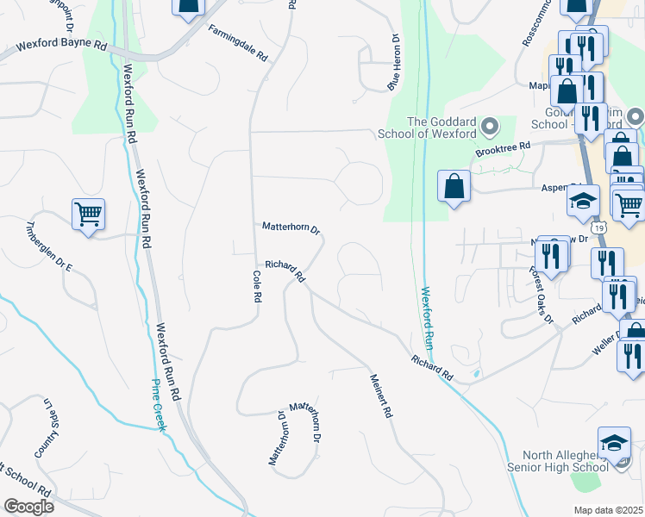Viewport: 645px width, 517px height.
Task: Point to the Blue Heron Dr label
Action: click(x=395, y=63)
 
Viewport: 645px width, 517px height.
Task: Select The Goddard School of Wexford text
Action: click(x=429, y=128)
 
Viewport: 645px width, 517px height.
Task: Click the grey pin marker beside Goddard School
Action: click(x=491, y=128)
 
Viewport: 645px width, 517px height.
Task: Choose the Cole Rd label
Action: click(x=257, y=285)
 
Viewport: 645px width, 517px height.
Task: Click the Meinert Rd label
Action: click(x=380, y=396)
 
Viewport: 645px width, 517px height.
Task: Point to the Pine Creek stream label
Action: click(x=158, y=406)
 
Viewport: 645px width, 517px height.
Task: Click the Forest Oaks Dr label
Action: click(x=541, y=296)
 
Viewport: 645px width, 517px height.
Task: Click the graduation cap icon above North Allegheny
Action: click(x=614, y=444)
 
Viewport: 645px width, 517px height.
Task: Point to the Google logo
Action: click(x=28, y=506)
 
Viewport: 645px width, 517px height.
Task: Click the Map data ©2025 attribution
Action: click(x=608, y=510)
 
